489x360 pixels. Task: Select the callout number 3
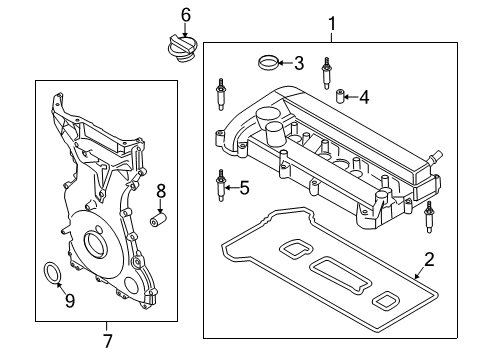pos(298,64)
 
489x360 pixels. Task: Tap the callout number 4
pos(364,97)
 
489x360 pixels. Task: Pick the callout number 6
pos(184,14)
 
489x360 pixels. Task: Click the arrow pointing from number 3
pos(283,65)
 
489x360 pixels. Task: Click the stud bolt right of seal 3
pos(326,71)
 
